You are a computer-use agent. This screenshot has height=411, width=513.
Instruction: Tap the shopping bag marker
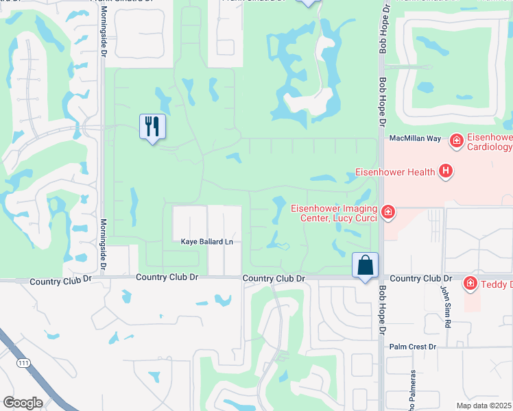click(x=365, y=265)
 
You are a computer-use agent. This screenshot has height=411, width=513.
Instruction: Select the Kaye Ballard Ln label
click(x=207, y=242)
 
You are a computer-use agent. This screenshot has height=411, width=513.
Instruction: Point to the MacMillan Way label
click(x=415, y=138)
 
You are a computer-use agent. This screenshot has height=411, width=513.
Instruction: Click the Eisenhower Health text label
click(x=394, y=171)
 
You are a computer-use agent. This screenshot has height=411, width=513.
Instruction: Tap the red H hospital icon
click(x=446, y=171)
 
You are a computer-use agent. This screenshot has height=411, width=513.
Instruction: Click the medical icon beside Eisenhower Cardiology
click(x=455, y=141)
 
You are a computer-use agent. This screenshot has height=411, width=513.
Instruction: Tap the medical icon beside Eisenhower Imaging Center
click(x=388, y=212)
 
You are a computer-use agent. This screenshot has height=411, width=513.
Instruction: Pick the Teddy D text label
click(x=497, y=283)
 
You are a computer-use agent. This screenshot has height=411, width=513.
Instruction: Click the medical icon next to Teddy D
click(x=470, y=282)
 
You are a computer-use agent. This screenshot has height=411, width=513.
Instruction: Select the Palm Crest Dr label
click(x=413, y=347)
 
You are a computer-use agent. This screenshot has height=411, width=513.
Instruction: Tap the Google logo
click(x=23, y=403)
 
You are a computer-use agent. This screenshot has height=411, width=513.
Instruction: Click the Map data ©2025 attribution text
click(x=483, y=406)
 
